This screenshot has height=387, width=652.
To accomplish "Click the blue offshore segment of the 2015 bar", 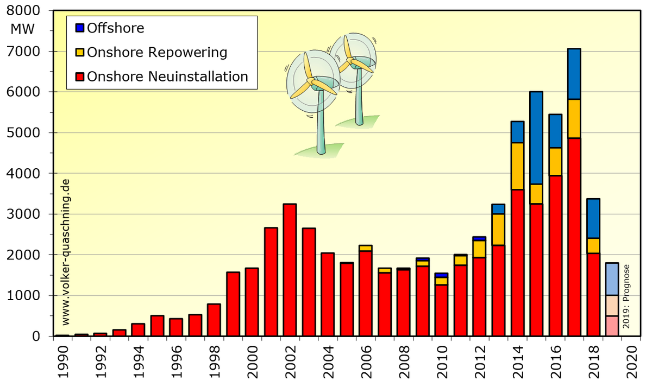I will click(x=536, y=138).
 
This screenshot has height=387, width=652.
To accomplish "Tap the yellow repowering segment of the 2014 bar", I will click(x=517, y=166).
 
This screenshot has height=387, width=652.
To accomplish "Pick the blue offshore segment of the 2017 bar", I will click(x=574, y=74).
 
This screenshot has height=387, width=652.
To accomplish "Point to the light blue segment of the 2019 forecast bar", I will click(x=612, y=279).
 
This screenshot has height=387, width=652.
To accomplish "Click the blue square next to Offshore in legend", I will click(x=79, y=28).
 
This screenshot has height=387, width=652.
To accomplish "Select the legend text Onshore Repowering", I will click(x=157, y=53).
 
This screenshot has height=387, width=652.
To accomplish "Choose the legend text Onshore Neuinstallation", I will click(x=167, y=77).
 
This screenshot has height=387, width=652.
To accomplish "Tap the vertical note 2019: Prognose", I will click(x=626, y=296).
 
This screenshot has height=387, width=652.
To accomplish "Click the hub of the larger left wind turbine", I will click(x=311, y=81).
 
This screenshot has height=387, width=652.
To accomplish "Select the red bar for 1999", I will click(x=233, y=304).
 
